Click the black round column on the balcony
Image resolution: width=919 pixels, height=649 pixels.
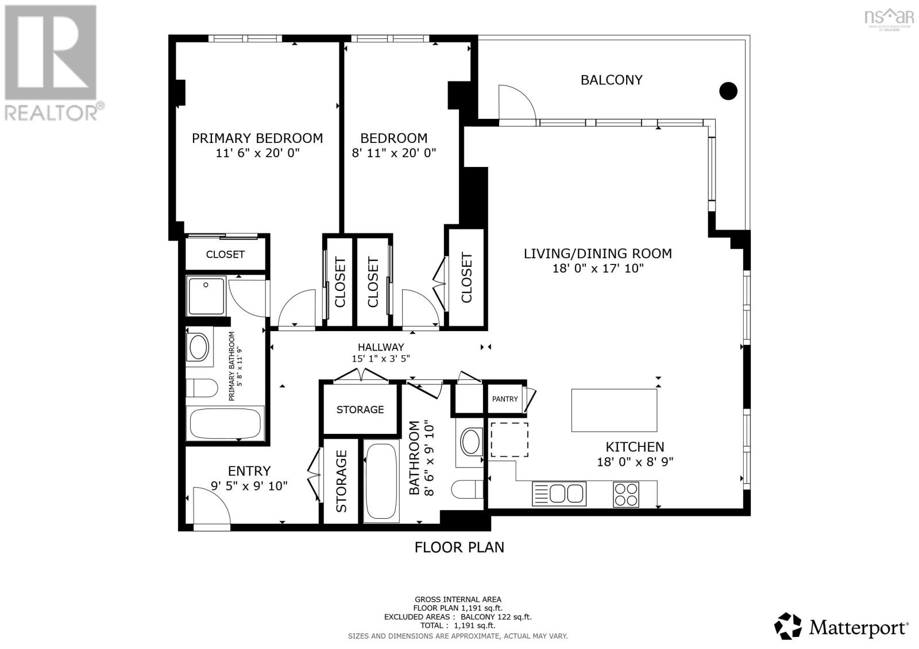[728, 91]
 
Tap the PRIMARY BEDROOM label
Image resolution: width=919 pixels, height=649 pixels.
[257, 138]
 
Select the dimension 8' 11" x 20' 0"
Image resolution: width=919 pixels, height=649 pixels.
[393, 153]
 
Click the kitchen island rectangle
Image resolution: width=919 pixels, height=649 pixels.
[614, 410]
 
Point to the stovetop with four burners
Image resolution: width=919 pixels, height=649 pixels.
[626, 494]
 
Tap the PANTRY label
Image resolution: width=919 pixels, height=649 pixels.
[505, 399]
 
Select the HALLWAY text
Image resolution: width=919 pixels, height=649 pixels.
[381, 347]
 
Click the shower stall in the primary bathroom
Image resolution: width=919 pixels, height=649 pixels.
[206, 296]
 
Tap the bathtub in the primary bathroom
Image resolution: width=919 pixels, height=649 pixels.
[225, 423]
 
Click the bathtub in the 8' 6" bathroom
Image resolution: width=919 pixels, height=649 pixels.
[380, 481]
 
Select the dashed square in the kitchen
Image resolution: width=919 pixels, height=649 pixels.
[509, 440]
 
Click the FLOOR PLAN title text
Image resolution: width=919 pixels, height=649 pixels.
[459, 547]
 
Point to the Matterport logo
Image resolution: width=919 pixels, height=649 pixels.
[841, 626]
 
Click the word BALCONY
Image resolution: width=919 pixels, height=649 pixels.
[611, 80]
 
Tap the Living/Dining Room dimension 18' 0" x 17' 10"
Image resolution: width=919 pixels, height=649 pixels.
[597, 268]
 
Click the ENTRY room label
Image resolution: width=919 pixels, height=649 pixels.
[249, 471]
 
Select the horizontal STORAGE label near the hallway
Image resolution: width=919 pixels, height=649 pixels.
[360, 410]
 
